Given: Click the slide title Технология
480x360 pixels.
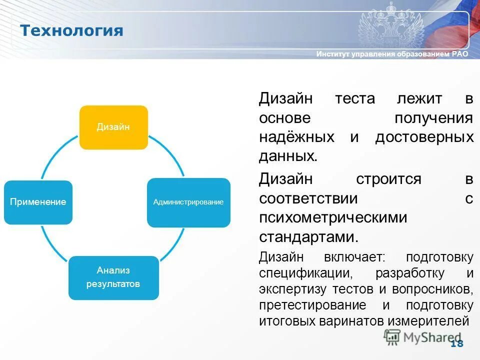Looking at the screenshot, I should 71,30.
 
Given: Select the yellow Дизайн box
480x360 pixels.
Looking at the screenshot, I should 113,127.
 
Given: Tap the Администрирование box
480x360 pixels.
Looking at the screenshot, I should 188,202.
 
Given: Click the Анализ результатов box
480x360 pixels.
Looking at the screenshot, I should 113,277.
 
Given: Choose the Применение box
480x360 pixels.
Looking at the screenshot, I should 38,202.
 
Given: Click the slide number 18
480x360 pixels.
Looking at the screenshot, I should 456,343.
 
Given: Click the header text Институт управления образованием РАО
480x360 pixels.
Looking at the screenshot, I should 392,54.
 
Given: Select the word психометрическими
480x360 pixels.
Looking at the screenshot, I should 333,217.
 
